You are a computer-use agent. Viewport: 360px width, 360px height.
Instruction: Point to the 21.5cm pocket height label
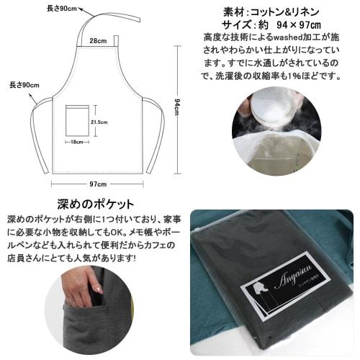tap(99, 122)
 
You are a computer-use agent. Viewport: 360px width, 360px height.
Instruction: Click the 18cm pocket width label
tap(77, 142)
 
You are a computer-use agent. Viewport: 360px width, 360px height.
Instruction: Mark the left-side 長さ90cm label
tap(24, 85)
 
